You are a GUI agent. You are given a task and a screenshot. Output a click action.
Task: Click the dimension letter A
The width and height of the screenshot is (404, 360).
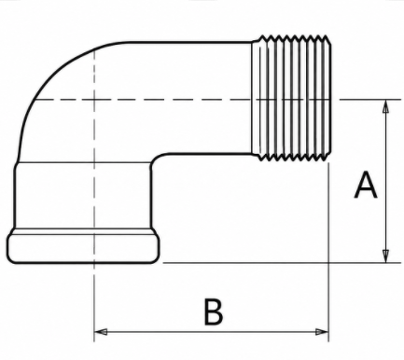(366, 185)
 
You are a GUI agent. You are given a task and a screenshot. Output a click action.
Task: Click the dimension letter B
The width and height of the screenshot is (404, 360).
(214, 312)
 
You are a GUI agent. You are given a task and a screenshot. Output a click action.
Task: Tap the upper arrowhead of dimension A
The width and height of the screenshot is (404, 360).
(385, 106)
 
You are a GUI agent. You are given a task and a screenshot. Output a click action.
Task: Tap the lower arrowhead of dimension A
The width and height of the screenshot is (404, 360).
(385, 256)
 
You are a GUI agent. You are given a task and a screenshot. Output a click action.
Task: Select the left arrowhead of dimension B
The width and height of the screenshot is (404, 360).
(101, 332)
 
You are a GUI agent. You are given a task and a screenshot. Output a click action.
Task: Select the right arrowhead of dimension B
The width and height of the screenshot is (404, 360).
(322, 332)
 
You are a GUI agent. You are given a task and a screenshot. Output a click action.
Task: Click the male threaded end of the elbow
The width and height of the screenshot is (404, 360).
(291, 98)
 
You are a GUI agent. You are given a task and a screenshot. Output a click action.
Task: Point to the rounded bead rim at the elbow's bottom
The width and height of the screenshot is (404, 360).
(83, 248)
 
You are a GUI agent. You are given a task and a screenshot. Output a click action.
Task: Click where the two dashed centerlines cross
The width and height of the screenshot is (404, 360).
(94, 100)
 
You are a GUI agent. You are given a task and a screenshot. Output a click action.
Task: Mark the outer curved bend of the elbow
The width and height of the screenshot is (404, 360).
(49, 74)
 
